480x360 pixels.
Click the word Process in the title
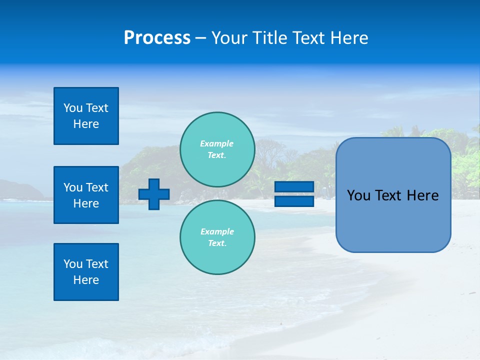pyautogui.click(x=157, y=38)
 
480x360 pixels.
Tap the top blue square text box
pyautogui.click(x=86, y=116)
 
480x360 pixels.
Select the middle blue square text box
pyautogui.click(x=86, y=195)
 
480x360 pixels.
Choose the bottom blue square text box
pyautogui.click(x=86, y=272)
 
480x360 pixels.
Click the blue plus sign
pyautogui.click(x=154, y=194)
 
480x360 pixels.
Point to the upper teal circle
pyautogui.click(x=217, y=149)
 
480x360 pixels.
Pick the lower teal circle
pyautogui.click(x=217, y=237)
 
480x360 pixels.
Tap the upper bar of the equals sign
pyautogui.click(x=294, y=187)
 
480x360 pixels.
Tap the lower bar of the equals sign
pyautogui.click(x=294, y=201)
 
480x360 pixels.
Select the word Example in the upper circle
pyautogui.click(x=217, y=143)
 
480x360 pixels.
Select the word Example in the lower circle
pyautogui.click(x=217, y=231)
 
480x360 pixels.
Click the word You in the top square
pyautogui.click(x=73, y=108)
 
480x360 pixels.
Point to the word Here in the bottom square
pyautogui.click(x=86, y=280)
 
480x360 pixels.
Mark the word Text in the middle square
pyautogui.click(x=97, y=187)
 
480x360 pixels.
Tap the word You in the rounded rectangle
pyautogui.click(x=358, y=195)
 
